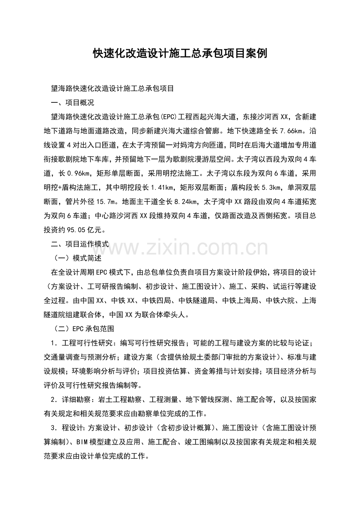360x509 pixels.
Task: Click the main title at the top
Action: tap(180, 54)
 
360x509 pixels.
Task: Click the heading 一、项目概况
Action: tap(73, 103)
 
